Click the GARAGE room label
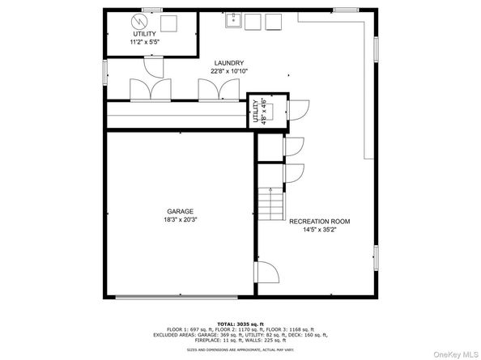pos(181,211)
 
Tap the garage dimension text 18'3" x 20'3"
pos(181,219)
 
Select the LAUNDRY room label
pos(229,62)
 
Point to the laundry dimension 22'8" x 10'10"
pos(229,70)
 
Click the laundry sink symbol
pos(231,19)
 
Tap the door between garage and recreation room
pos(266,273)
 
